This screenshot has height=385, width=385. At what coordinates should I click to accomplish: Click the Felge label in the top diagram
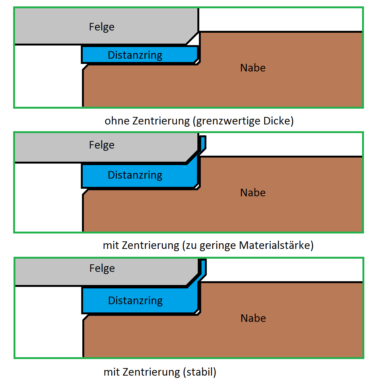102,27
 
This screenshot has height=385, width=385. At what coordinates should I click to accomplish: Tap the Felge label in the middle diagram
102,145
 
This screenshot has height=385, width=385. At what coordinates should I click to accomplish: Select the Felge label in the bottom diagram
102,268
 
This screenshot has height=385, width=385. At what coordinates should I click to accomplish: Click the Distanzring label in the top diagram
135,55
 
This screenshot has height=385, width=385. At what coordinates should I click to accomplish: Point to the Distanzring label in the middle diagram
135,175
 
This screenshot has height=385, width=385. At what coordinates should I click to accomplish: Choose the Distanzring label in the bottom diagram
135,301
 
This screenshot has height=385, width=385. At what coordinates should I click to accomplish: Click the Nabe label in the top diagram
253,68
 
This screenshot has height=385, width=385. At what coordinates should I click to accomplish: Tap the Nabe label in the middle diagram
253,193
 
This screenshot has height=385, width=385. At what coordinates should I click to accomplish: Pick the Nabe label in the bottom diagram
253,318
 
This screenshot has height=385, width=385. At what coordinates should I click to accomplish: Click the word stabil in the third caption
200,372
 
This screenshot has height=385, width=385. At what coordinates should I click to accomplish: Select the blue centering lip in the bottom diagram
203,267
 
